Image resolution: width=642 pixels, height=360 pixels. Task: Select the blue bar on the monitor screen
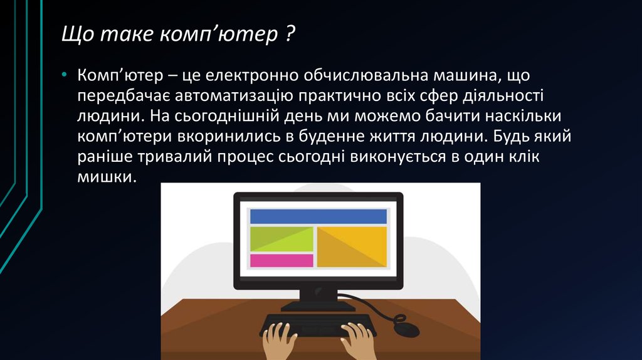click(x=318, y=216)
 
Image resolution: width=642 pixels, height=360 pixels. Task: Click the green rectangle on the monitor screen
click(x=282, y=239)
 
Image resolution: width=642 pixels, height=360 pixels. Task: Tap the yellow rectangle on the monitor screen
click(x=352, y=246)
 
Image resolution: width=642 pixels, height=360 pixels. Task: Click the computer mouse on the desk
click(x=406, y=326)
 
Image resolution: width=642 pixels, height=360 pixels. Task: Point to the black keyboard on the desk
click(x=318, y=324)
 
